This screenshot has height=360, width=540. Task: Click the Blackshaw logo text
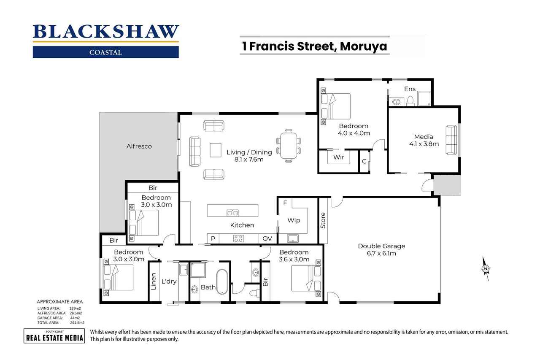click(x=106, y=32)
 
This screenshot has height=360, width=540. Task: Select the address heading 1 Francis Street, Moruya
click(x=314, y=46)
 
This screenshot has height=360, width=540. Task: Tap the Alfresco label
click(x=139, y=146)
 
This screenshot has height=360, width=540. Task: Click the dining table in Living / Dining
click(x=289, y=146)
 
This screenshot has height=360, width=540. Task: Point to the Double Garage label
click(x=381, y=246)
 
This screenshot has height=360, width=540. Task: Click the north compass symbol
click(x=486, y=268)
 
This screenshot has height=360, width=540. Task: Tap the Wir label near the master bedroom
click(x=339, y=157)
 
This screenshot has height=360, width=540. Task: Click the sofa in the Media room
click(x=451, y=140)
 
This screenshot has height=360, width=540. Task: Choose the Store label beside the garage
click(x=324, y=220)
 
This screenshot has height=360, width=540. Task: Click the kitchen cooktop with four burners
click(x=238, y=238)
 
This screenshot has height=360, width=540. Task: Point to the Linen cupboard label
click(x=154, y=282)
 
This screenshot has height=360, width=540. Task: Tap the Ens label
click(x=410, y=89)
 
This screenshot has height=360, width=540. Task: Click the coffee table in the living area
click(x=216, y=149)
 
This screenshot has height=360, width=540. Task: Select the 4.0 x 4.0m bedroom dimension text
click(x=354, y=133)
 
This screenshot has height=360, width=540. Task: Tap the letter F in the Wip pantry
click(x=285, y=203)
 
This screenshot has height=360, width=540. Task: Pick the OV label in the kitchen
click(x=267, y=238)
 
